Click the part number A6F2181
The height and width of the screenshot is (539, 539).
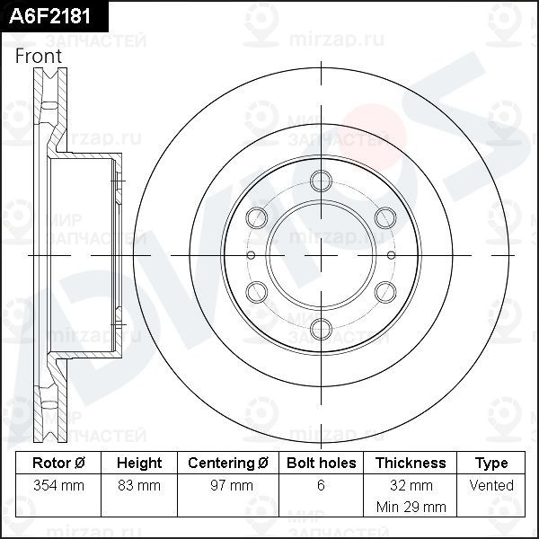(x=49, y=15)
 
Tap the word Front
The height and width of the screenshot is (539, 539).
(x=39, y=56)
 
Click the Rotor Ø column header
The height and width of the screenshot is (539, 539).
(x=58, y=464)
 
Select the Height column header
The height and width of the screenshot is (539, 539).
(x=139, y=464)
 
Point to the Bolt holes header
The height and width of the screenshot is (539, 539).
(x=321, y=464)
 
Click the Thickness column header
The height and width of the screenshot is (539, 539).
(x=411, y=464)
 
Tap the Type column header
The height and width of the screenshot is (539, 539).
(x=491, y=464)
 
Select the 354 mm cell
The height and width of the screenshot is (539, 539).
(x=58, y=486)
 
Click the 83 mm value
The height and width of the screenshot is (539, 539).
(x=139, y=486)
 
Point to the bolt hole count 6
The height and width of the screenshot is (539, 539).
(x=321, y=486)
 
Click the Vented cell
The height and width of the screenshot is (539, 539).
(x=491, y=486)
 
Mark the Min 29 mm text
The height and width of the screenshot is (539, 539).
(x=411, y=507)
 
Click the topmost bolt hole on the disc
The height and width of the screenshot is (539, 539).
(x=322, y=180)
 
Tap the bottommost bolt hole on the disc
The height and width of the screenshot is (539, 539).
(x=322, y=329)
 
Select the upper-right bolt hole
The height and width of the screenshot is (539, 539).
(x=386, y=217)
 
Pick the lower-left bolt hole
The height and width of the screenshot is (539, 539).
(x=257, y=291)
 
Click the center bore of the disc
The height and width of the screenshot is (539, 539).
(x=322, y=254)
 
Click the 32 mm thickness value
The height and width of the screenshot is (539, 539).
(x=411, y=486)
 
